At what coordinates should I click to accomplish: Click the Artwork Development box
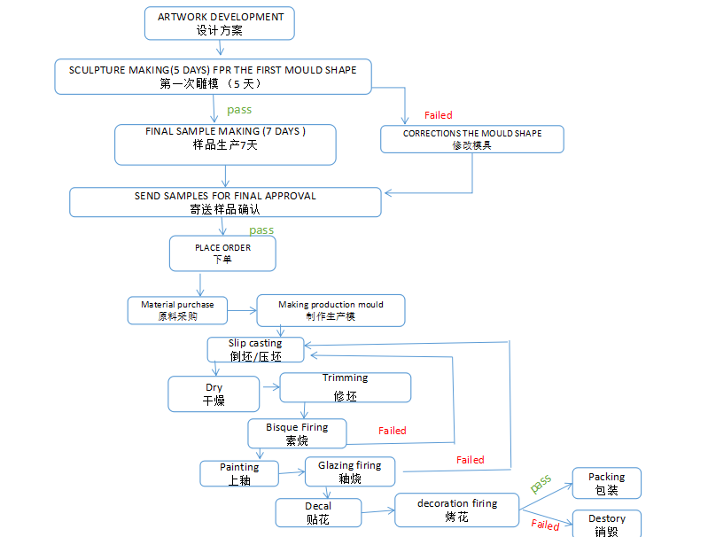[219, 23]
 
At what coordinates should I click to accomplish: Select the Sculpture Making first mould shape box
[213, 76]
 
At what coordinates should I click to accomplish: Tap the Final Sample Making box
[225, 144]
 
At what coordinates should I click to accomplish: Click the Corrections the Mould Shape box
[471, 139]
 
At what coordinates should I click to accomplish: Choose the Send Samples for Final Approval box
[225, 202]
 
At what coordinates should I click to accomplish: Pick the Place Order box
[222, 253]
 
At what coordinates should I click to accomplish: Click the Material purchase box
[177, 309]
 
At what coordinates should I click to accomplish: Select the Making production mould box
[331, 309]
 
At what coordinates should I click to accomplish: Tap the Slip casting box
[255, 349]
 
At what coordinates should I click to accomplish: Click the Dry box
[214, 393]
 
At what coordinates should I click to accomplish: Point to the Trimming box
[345, 387]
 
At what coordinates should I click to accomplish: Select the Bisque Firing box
[297, 433]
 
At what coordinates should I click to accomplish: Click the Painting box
[238, 473]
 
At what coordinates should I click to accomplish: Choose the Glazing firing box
[350, 471]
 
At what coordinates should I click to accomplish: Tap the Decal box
[318, 512]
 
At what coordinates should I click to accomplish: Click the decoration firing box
[456, 510]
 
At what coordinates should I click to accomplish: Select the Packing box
[606, 483]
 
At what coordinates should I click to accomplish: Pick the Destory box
[606, 524]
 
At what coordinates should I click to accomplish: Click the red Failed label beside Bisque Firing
[392, 431]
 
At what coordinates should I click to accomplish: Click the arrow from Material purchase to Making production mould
[242, 309]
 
